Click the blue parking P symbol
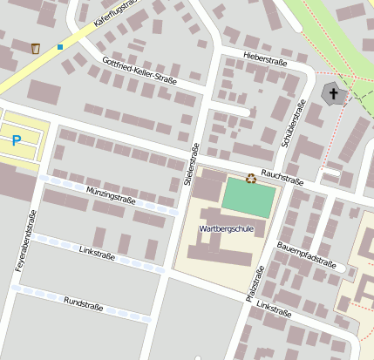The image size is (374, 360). pos(16,139)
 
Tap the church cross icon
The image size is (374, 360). pos(333,94)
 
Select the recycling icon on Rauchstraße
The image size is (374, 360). pos(251,179)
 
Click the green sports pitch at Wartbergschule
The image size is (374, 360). pos(248,198)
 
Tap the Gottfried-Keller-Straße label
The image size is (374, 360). pos(139,78)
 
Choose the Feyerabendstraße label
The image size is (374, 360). pos(25,241)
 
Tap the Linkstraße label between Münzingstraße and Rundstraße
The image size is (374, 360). pos(98,250)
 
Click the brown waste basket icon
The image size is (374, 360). pos(36,48)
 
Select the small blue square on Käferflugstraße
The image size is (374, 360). pos(60,46)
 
